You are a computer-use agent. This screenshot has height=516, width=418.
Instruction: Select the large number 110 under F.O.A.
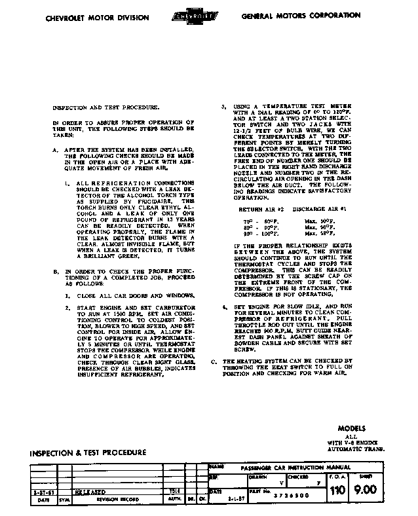click(337, 489)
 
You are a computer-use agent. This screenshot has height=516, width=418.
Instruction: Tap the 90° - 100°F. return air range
click(261, 234)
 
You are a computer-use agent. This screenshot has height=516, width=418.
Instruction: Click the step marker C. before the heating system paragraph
click(214, 361)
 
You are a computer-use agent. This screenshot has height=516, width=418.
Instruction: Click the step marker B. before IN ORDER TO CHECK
click(57, 270)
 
